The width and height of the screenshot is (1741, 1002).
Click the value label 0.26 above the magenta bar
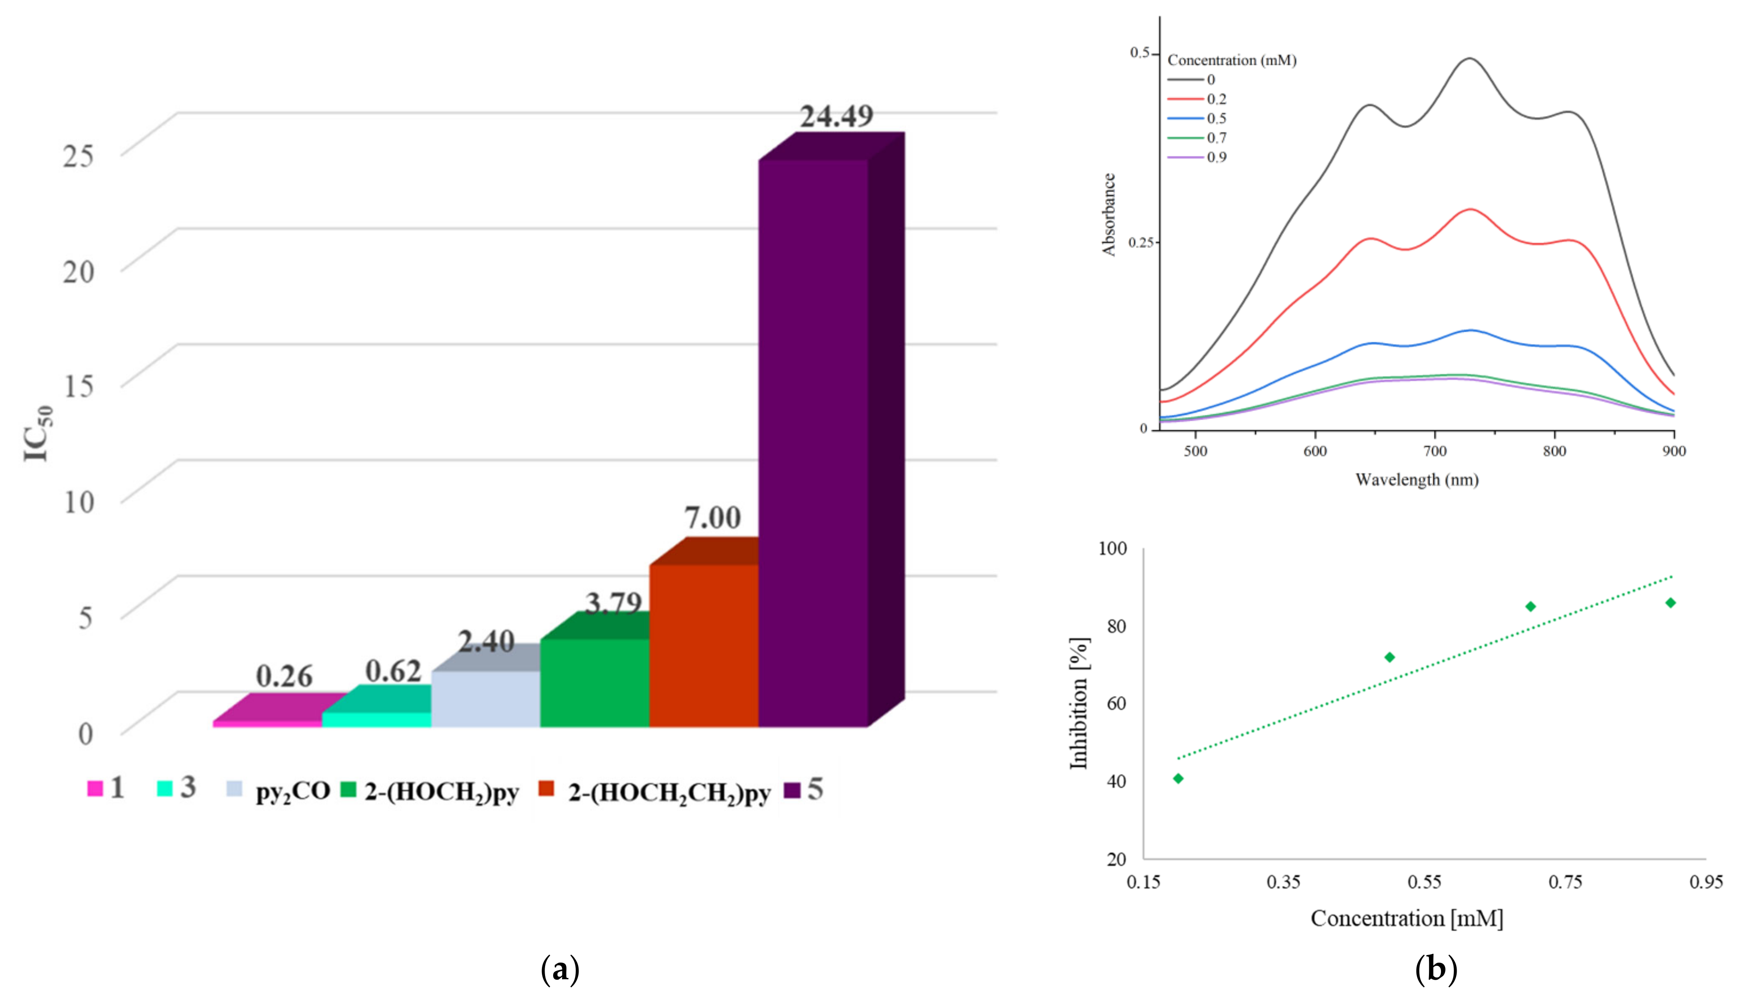pos(284,676)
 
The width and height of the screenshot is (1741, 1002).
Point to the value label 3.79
pos(613,604)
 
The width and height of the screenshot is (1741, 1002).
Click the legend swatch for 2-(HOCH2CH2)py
pos(546,789)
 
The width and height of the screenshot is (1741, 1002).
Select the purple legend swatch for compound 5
pos(792,790)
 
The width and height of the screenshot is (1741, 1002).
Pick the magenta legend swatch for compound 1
pos(95,789)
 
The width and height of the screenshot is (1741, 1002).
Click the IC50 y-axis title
pos(38,434)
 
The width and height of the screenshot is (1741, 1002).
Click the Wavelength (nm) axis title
pos(1416,480)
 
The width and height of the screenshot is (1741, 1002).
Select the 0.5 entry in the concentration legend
pos(1216,118)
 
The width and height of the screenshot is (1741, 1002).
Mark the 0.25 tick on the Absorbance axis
pos(1139,243)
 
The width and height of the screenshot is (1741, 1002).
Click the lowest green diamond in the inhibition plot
pos(1179,778)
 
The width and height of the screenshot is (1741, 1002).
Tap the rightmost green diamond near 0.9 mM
pos(1670,603)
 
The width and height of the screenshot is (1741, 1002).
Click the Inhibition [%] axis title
pos(1079,703)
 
